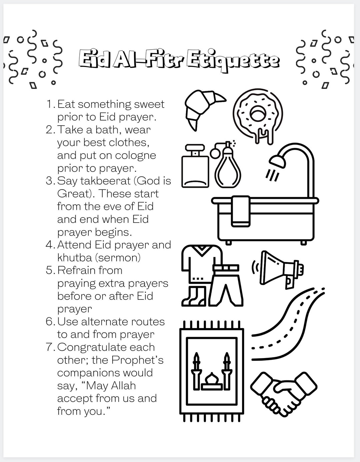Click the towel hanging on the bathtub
click(241, 212)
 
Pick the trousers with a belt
click(226, 285)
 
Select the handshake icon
click(283, 393)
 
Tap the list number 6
click(50, 322)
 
